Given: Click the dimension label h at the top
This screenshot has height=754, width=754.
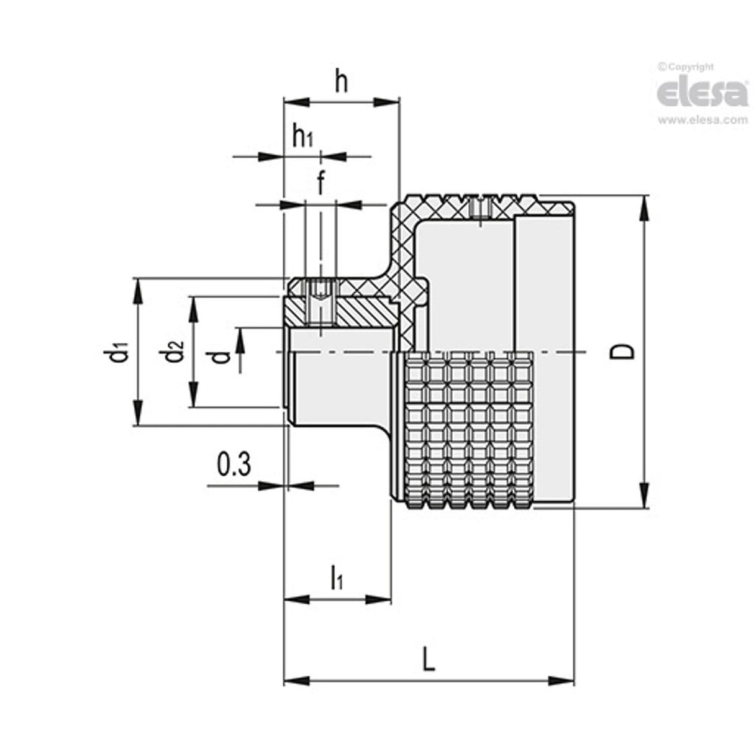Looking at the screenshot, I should (x=341, y=81).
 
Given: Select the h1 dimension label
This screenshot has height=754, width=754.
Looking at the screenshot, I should (x=302, y=136).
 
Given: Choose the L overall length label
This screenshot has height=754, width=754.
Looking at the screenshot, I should (x=428, y=658).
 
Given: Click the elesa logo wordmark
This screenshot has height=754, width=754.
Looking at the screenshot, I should (x=702, y=93).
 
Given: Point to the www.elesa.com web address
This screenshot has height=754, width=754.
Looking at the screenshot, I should (x=702, y=120).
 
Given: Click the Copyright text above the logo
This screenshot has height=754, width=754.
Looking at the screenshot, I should (x=686, y=67).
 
